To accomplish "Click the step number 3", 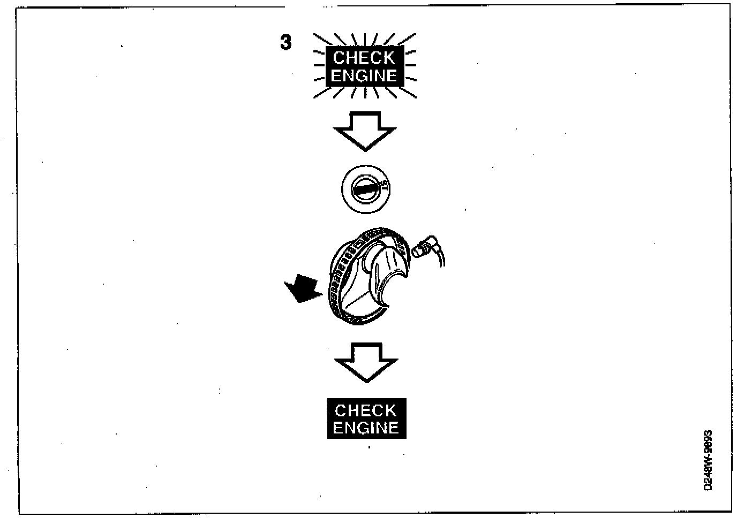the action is (x=286, y=42).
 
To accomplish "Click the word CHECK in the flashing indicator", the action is (x=364, y=58).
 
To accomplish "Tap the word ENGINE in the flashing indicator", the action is (x=364, y=75).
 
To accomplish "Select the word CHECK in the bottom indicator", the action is (x=366, y=410).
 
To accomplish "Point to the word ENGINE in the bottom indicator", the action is (x=366, y=428).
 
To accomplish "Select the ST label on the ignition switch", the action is (x=384, y=188).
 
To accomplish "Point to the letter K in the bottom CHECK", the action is (x=390, y=410).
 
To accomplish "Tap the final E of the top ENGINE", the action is (x=392, y=75).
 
